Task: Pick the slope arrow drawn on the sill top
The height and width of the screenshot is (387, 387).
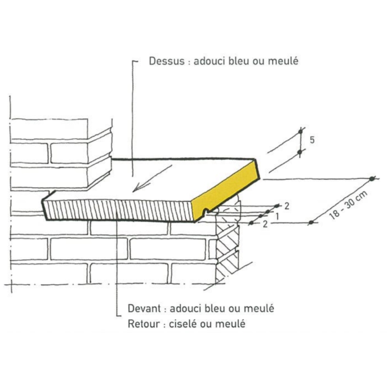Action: pyautogui.click(x=152, y=178)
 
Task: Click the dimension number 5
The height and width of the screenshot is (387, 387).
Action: pyautogui.click(x=313, y=140)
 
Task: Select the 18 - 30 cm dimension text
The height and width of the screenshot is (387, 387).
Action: pyautogui.click(x=347, y=205)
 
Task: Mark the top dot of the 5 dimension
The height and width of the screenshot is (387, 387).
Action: pyautogui.click(x=300, y=131)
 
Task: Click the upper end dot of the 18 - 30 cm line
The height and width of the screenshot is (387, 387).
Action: pyautogui.click(x=372, y=179)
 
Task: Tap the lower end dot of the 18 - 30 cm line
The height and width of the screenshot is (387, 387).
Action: pyautogui.click(x=311, y=223)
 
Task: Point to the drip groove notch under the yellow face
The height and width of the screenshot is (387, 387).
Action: pyautogui.click(x=208, y=211)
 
